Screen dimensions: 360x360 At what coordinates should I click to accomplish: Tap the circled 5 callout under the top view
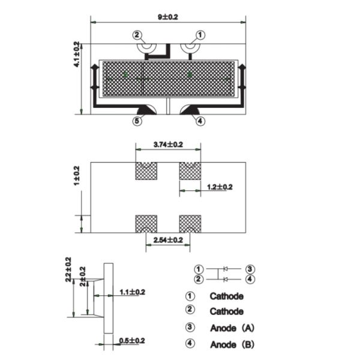pyautogui.click(x=137, y=121)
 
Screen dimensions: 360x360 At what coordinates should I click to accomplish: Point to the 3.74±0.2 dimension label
pyautogui.click(x=168, y=145)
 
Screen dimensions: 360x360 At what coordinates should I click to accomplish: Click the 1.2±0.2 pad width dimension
pyautogui.click(x=220, y=187)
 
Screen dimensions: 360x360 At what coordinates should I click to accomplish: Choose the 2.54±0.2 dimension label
pyautogui.click(x=168, y=240)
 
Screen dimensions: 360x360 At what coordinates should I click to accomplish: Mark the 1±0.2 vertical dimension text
pyautogui.click(x=77, y=176)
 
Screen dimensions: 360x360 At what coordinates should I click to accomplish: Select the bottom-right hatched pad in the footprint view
pyautogui.click(x=190, y=224)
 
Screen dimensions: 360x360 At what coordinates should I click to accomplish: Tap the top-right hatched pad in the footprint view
pyautogui.click(x=190, y=171)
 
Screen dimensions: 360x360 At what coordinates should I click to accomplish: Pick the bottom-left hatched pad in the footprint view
pyautogui.click(x=146, y=224)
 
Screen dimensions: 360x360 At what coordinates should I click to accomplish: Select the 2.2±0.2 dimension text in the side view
pyautogui.click(x=68, y=270)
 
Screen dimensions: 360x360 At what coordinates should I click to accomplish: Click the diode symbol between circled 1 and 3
pyautogui.click(x=224, y=269)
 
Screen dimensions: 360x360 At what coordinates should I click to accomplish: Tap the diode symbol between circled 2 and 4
pyautogui.click(x=224, y=279)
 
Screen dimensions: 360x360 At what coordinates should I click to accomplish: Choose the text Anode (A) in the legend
pyautogui.click(x=232, y=328)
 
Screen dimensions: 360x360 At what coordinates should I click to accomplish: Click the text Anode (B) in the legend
pyautogui.click(x=232, y=345)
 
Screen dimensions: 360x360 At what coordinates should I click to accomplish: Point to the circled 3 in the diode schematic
pyautogui.click(x=250, y=269)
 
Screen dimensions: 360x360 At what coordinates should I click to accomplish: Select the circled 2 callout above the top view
pyautogui.click(x=137, y=35)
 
